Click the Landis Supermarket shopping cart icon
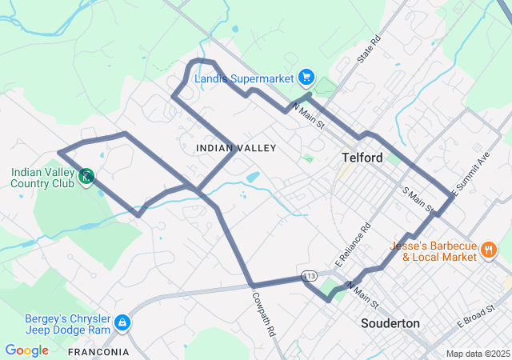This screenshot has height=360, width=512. point(306,78)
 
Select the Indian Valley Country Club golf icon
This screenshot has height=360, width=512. point(86,175)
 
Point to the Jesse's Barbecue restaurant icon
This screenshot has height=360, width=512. point(488,251)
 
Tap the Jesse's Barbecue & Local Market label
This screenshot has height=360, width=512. point(433,251)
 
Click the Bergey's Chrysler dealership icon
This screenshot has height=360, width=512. point(122,323)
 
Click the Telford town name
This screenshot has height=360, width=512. point(362,158)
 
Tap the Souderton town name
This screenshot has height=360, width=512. point(390,323)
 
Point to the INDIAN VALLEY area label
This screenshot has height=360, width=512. point(236,148)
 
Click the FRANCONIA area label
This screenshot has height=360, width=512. point(98,352)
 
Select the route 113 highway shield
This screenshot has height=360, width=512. point(310,276)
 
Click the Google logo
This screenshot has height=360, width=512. point(26,350)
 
